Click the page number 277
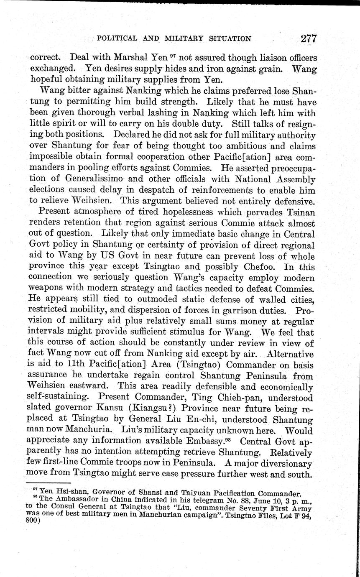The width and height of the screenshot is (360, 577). coord(308,38)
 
